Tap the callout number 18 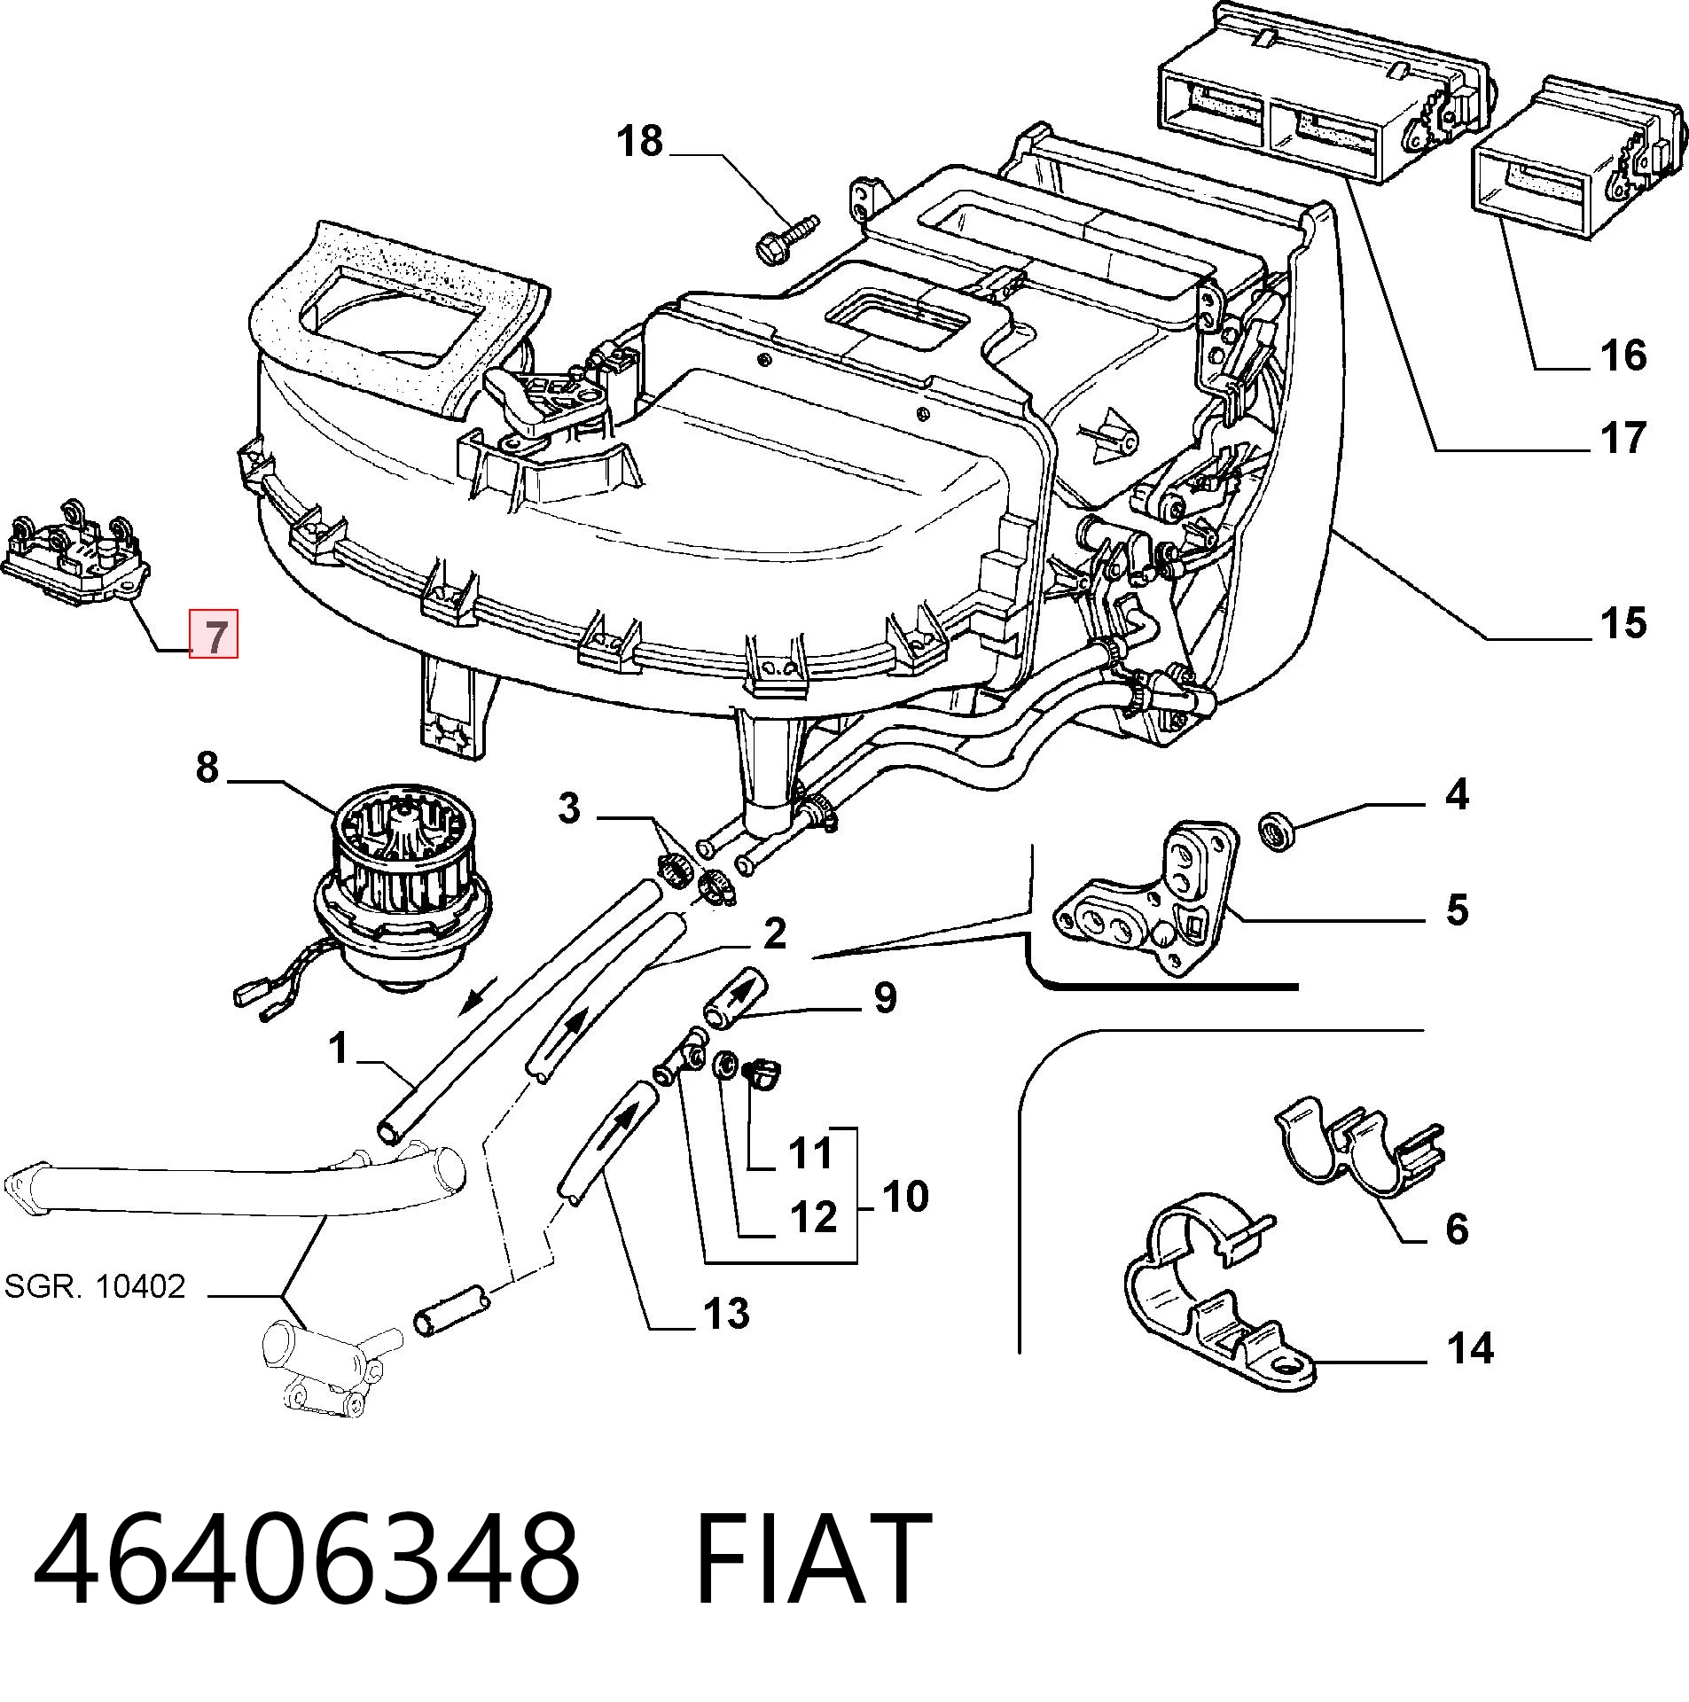tap(639, 141)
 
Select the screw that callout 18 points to tap(786, 238)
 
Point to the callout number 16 tap(1623, 355)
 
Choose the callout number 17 tap(1623, 438)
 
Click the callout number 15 tap(1623, 623)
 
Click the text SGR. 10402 tap(95, 1285)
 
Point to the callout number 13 tap(726, 1313)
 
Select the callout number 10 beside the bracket tap(905, 1196)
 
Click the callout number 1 tap(338, 1049)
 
